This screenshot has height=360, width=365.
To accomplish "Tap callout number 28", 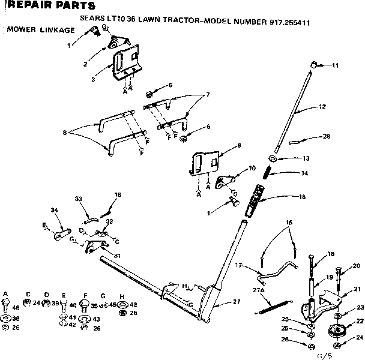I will pos(326,136).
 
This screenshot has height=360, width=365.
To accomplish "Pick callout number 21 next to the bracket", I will pos(357,289).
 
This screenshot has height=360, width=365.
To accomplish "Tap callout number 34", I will pos(55,209).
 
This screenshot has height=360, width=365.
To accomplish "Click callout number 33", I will pos(78,199).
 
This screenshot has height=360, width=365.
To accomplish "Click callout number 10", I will pos(252,169).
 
